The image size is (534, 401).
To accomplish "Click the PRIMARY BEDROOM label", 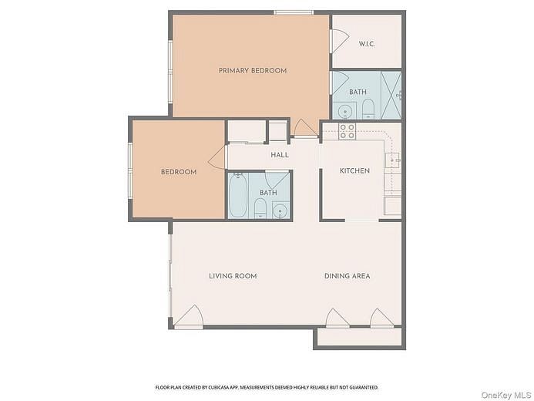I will (252, 70).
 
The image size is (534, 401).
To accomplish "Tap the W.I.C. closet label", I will (367, 43).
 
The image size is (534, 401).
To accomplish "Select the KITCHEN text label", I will (354, 170).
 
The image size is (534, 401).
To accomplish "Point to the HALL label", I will (279, 155).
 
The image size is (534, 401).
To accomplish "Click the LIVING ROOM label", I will (233, 275).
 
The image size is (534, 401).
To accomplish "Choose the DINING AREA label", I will (347, 275).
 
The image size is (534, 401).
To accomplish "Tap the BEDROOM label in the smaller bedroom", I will (178, 172).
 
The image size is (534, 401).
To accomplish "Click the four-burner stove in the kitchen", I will (348, 131).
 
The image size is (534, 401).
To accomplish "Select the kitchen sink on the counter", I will (393, 160).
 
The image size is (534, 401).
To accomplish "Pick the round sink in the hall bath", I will (279, 210).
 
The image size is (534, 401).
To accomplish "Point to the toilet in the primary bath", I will (368, 108).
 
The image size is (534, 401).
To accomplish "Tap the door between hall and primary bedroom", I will (305, 129).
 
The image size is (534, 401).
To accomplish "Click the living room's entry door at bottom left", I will (189, 316).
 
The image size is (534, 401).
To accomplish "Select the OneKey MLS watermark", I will (505, 395).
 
